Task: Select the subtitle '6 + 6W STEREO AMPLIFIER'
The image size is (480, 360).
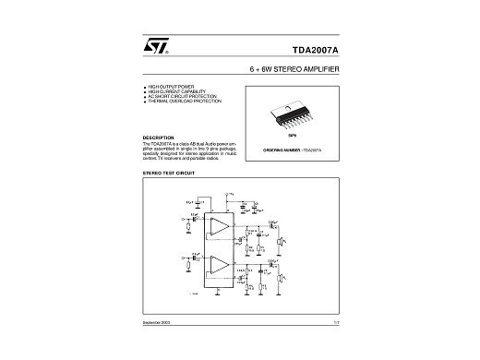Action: coord(291,70)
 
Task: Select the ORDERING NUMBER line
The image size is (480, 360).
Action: coord(291,148)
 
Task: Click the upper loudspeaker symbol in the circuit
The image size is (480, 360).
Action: coord(282,241)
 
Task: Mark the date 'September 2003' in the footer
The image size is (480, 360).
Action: coord(157,345)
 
